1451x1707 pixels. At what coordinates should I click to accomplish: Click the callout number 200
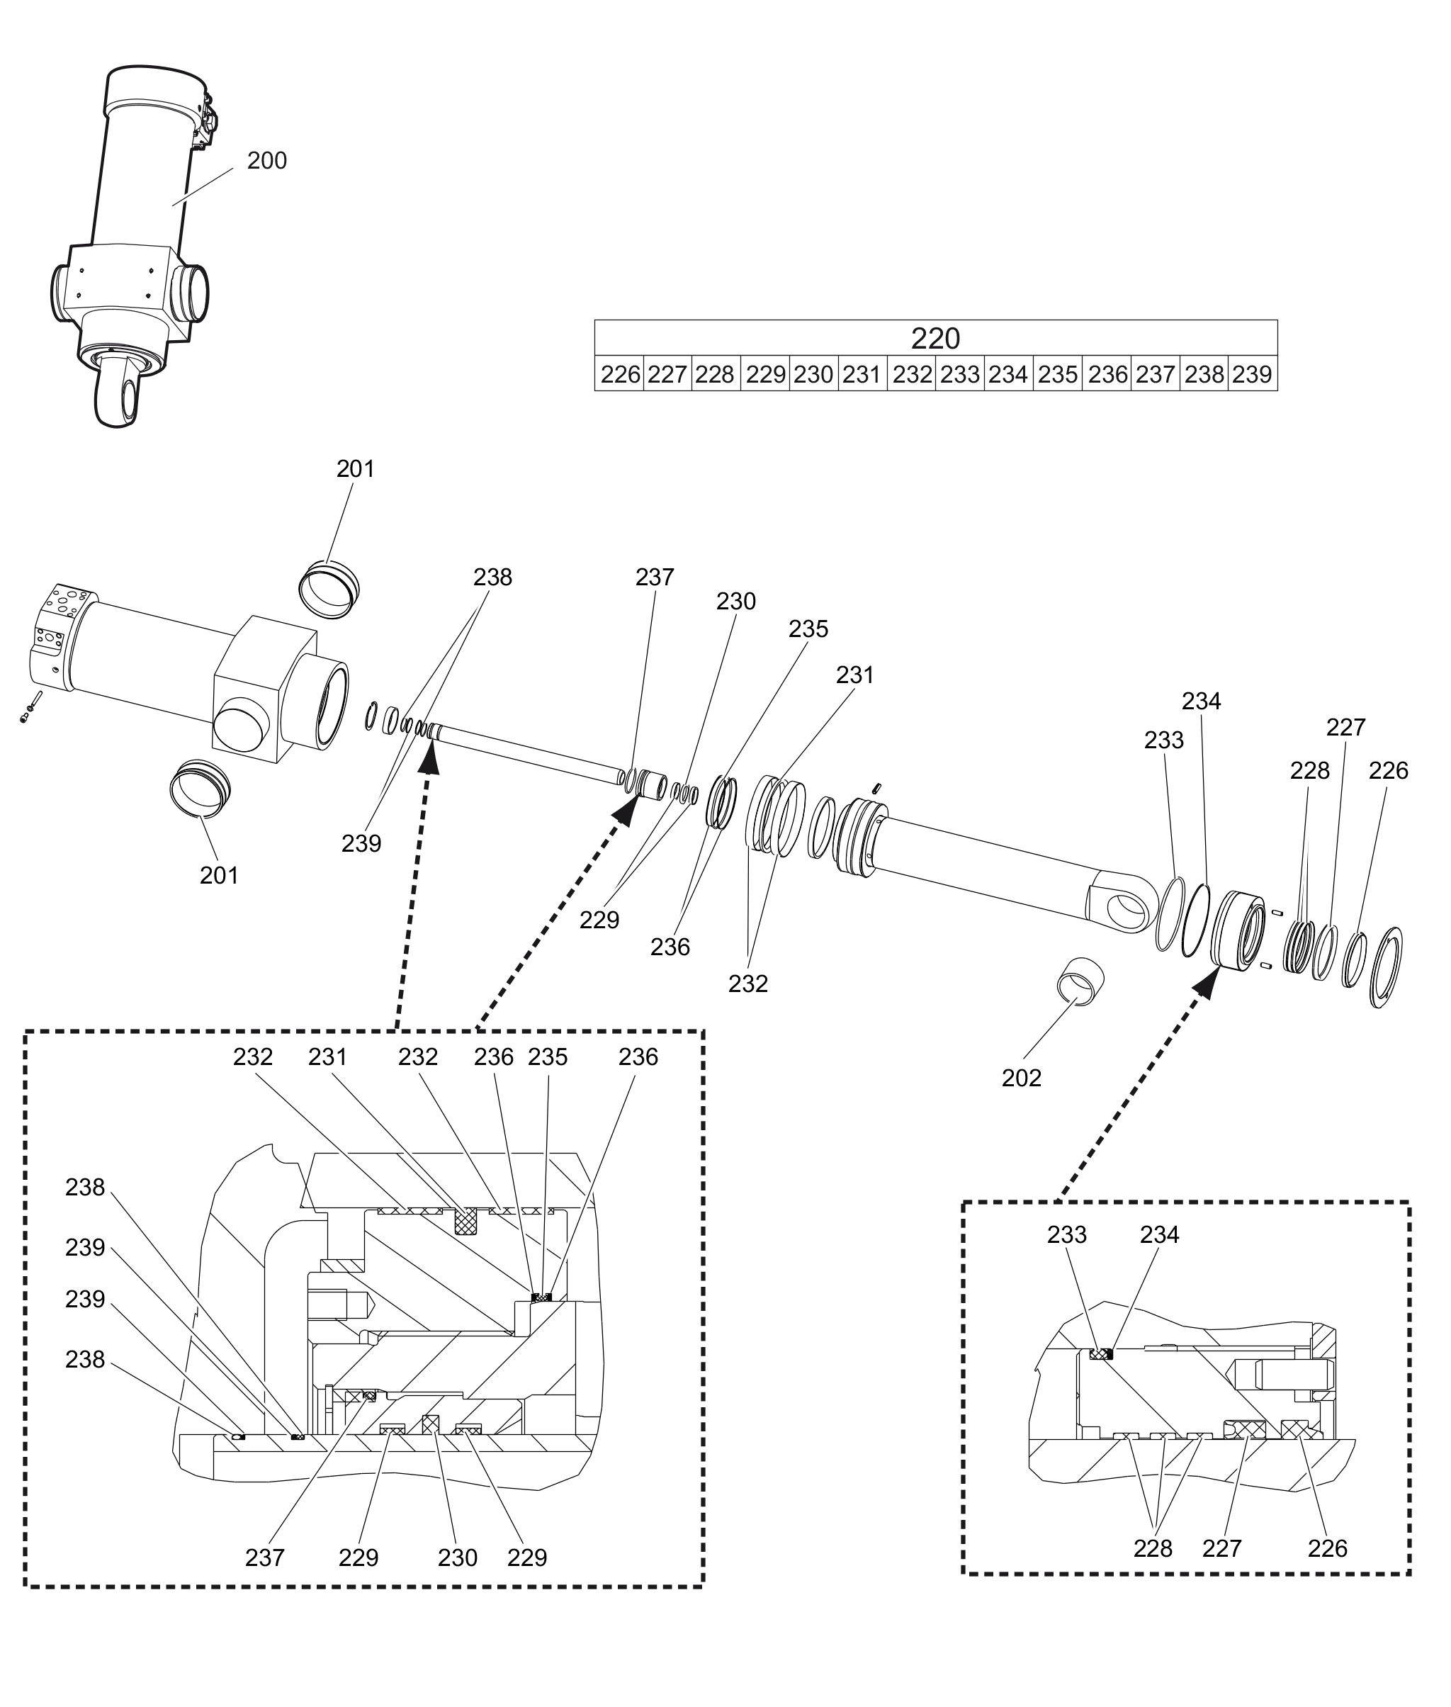(266, 160)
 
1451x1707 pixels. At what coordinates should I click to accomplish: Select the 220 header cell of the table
(935, 337)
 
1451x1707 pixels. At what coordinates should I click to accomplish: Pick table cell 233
(960, 374)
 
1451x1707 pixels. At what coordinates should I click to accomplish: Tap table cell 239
(1253, 374)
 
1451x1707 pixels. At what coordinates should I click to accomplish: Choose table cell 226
(619, 374)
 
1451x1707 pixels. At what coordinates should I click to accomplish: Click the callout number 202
(1021, 1078)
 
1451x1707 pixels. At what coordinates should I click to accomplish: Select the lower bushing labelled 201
(200, 788)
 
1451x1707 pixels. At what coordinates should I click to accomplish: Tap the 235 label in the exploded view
(808, 629)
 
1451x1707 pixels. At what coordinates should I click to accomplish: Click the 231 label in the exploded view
(855, 675)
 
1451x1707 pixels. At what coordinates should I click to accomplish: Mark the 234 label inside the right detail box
(1160, 1257)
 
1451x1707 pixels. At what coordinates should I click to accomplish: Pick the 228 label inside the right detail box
(1153, 1548)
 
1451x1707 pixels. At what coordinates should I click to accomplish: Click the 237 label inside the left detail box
(265, 1557)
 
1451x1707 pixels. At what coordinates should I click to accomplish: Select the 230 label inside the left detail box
(458, 1557)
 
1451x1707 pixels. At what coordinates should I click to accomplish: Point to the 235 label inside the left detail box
(548, 1057)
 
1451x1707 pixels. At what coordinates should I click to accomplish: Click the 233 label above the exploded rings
(1164, 740)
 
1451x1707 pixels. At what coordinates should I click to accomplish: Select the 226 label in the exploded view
(1389, 771)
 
